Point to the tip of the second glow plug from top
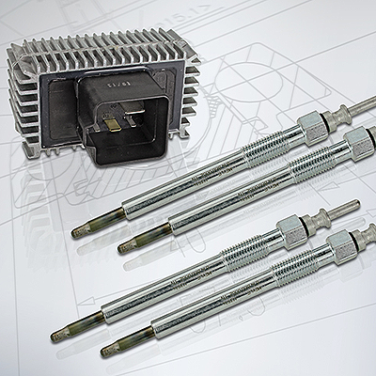coord(124,246)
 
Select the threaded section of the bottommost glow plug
coord(297,267)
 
